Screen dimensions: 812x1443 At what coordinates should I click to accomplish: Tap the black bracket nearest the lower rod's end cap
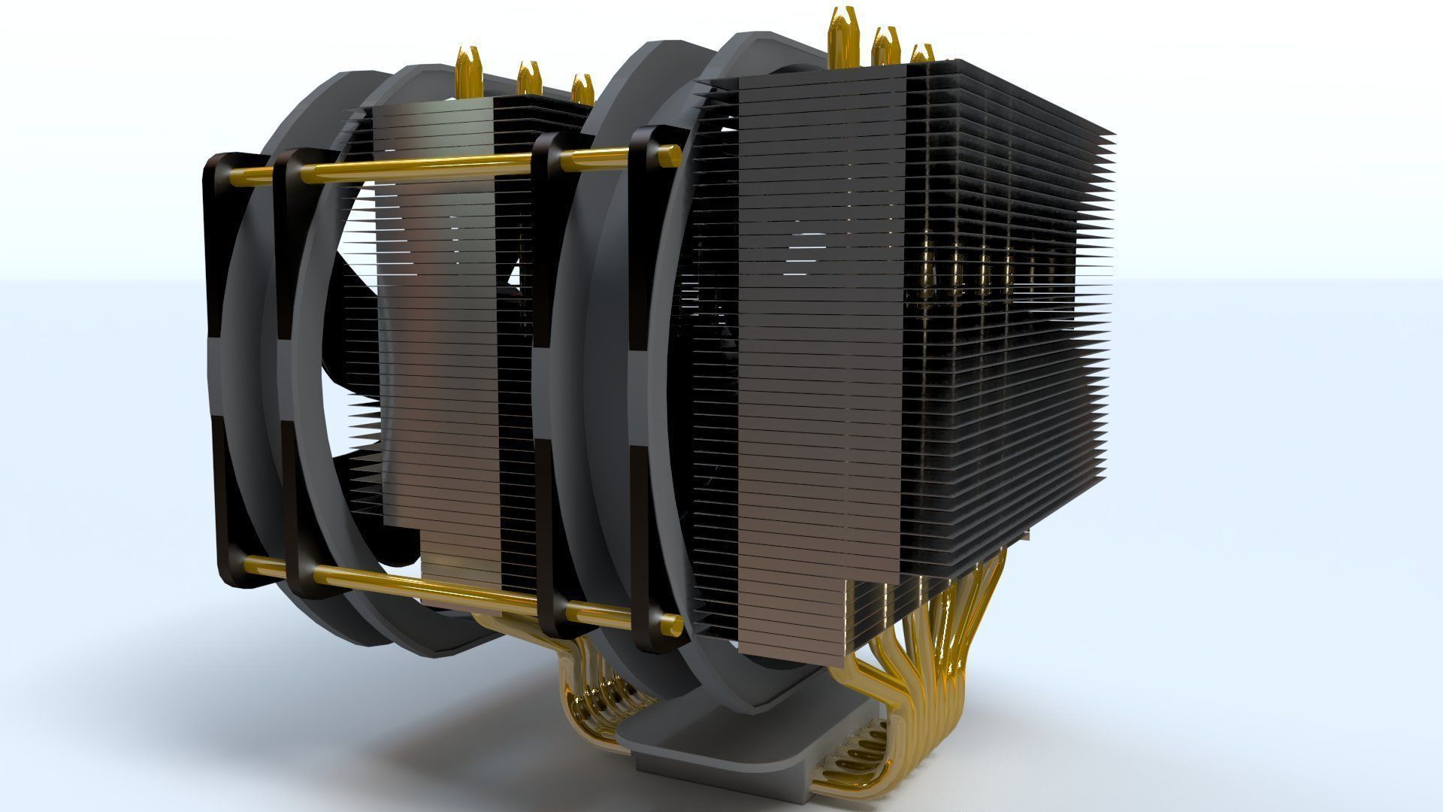point(645,617)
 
